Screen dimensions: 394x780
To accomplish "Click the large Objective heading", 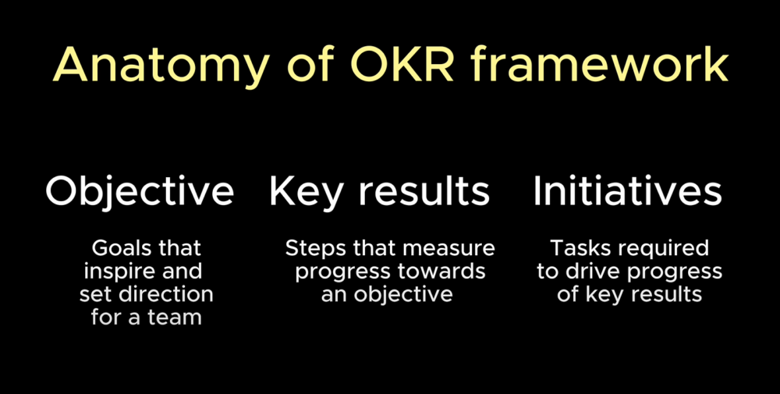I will coord(140,192).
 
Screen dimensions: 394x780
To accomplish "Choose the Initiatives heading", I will coord(628,192).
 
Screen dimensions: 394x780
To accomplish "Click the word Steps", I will coord(310,249).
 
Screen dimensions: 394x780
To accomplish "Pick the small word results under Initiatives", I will coord(665,295).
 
